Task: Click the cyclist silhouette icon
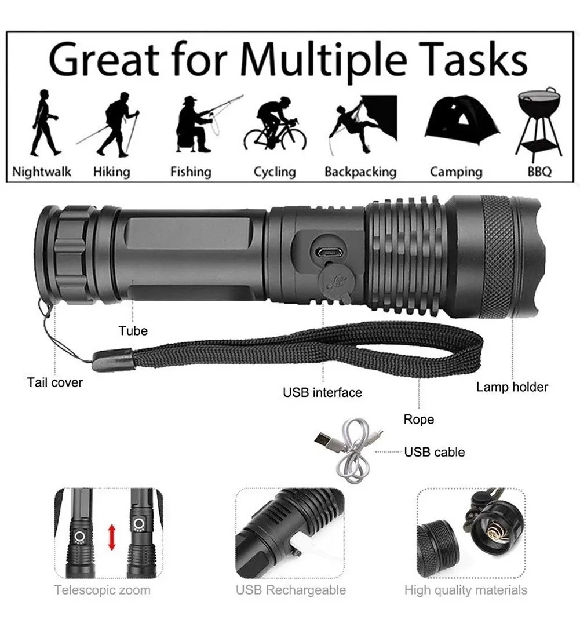(275, 124)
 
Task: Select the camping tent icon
(462, 120)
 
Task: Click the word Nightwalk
(42, 172)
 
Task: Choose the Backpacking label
(360, 172)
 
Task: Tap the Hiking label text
(111, 172)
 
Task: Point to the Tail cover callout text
(55, 382)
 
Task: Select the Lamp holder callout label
(512, 387)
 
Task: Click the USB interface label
(322, 392)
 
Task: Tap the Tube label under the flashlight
(133, 331)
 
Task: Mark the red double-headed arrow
(112, 537)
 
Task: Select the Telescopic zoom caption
(103, 590)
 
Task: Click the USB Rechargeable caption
(291, 590)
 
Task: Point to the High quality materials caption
(466, 590)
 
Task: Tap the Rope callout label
(418, 420)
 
